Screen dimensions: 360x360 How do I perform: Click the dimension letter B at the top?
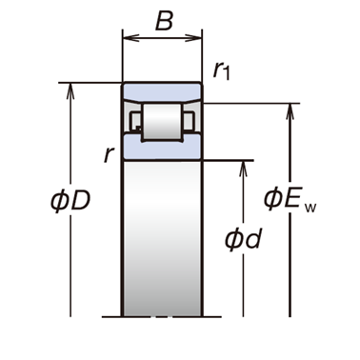tap(165, 21)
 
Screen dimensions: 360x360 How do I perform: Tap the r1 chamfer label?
tap(221, 70)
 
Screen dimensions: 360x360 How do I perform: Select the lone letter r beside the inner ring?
tap(109, 155)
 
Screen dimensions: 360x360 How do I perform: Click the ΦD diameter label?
tap(70, 201)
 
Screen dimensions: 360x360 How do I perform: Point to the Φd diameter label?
tap(243, 239)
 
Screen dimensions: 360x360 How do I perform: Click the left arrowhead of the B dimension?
tap(130, 38)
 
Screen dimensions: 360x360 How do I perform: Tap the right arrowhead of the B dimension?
tap(193, 38)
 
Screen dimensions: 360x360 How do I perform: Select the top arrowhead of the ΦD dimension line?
tap(70, 91)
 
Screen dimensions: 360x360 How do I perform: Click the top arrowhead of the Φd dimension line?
tap(243, 169)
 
